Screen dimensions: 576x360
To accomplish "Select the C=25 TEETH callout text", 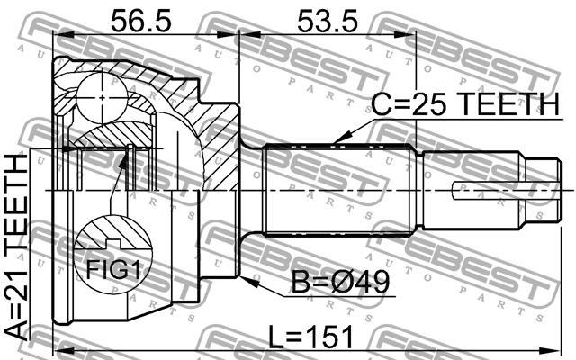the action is click(465, 104).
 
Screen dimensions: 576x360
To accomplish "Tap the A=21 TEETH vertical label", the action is click(17, 247).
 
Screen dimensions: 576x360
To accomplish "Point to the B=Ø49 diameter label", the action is click(340, 282).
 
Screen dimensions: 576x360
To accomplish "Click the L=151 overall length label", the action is click(310, 336).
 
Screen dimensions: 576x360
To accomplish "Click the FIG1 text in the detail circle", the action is click(113, 271).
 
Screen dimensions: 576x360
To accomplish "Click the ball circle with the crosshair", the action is click(102, 98).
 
